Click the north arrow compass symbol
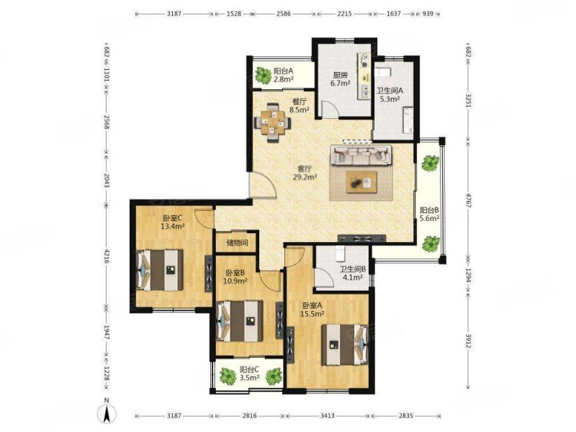(x=106, y=413)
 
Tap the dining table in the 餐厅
(x=272, y=123)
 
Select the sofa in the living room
(x=361, y=155)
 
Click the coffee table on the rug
(x=362, y=182)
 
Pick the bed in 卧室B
(x=240, y=321)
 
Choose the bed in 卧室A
(x=345, y=344)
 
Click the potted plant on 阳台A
(x=263, y=75)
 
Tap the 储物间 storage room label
(x=237, y=243)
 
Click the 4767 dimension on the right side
(x=469, y=200)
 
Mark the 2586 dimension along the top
(x=283, y=14)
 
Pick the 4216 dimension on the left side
(x=107, y=257)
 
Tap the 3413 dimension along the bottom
(x=328, y=415)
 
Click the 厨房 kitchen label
(x=340, y=75)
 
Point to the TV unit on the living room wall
(x=362, y=238)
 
